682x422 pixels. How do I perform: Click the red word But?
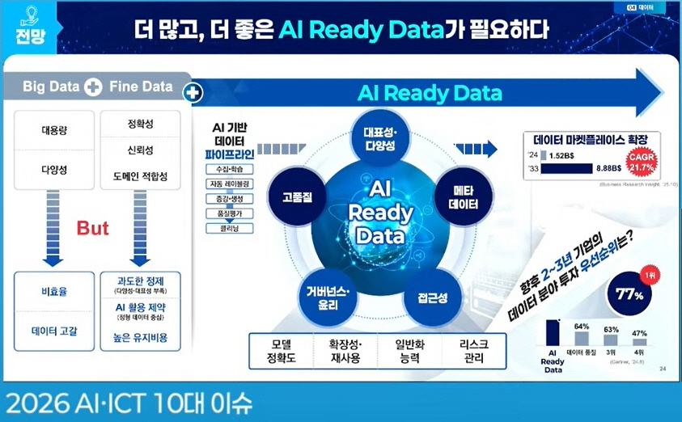coord(92,229)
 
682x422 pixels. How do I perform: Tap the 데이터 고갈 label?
coord(54,331)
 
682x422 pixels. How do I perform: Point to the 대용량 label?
coord(54,129)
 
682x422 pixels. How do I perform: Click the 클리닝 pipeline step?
coord(230,228)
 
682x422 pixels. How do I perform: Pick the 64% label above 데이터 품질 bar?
coord(582,326)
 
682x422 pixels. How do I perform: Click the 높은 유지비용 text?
coord(139,338)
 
